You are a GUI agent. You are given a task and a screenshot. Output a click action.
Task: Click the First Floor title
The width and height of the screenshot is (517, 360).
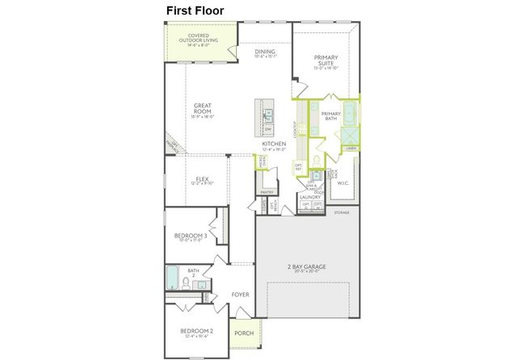pos(195,10)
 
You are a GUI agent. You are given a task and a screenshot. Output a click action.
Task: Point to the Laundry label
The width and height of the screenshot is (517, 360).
pos(311,196)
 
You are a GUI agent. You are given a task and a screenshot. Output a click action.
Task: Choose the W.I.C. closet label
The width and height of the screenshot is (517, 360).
pos(342,182)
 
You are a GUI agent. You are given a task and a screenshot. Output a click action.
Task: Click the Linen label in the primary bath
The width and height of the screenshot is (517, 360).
pos(351,149)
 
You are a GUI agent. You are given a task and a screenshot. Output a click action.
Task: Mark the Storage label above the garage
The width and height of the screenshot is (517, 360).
pos(342,213)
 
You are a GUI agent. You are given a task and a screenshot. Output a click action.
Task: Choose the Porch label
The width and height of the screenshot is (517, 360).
pos(243,333)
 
